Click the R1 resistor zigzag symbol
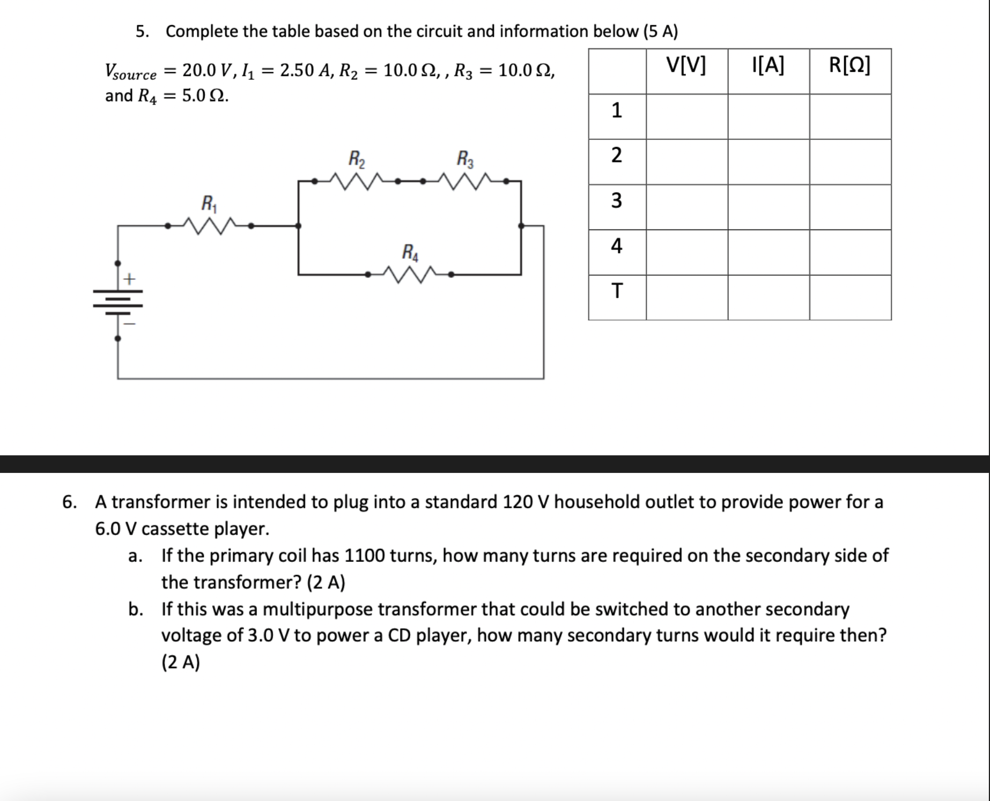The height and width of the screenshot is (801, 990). [x=209, y=226]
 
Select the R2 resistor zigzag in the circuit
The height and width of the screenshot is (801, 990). [x=357, y=181]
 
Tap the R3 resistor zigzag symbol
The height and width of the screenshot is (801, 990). [x=465, y=181]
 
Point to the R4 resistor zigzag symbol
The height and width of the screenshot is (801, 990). [x=409, y=275]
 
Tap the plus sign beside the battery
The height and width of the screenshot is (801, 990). [x=129, y=279]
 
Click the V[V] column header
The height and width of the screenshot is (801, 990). [x=686, y=65]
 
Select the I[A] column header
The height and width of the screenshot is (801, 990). [x=768, y=65]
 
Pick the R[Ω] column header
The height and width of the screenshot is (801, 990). [x=850, y=65]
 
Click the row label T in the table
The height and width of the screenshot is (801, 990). [x=617, y=291]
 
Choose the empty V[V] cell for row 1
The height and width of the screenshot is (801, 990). [x=687, y=116]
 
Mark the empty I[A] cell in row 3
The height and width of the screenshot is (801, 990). [x=769, y=207]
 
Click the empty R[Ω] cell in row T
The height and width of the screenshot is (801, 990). [x=850, y=298]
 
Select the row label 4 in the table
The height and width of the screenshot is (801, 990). [x=617, y=246]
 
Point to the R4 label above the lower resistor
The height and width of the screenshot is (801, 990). [x=410, y=252]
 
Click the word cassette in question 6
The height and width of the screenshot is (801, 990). [x=175, y=529]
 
